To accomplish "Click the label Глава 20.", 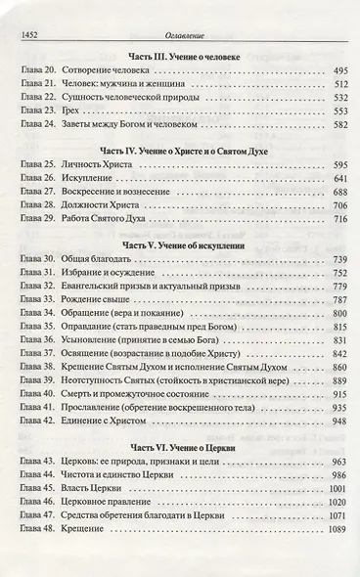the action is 40,72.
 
